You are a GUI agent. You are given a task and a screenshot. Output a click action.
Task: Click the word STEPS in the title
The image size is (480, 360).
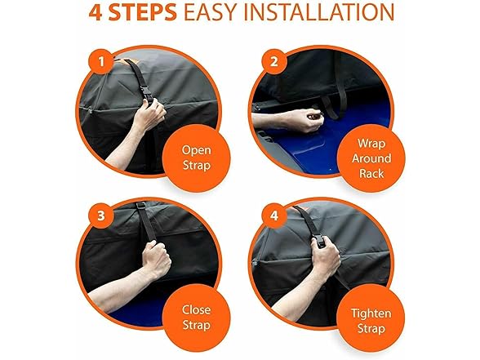click(142, 12)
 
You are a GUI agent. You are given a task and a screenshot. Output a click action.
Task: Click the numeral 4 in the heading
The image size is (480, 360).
click(96, 13)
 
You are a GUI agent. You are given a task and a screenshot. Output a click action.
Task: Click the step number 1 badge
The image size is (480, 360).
click(101, 62)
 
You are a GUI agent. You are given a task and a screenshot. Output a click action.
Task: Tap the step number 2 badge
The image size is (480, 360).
click(274, 62)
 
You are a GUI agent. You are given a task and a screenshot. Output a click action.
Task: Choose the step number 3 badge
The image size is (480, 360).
click(101, 216)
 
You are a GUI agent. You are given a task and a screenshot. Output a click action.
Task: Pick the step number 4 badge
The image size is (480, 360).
click(274, 216)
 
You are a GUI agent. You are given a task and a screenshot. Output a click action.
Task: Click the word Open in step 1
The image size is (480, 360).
click(196, 150)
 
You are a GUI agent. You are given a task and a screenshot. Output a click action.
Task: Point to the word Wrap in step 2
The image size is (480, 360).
click(371, 144)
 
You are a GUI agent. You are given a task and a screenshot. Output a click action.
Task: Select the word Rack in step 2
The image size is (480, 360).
click(371, 174)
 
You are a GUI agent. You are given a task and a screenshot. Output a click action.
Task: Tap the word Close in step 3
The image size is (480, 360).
click(196, 309)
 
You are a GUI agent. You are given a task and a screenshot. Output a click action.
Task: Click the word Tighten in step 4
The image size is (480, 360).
click(371, 313)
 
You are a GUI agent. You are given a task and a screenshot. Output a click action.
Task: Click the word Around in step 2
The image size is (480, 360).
click(371, 158)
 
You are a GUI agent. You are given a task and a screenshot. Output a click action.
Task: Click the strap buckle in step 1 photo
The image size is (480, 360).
click(148, 96)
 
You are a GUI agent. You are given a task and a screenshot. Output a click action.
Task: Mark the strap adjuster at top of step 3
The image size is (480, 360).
click(140, 206)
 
